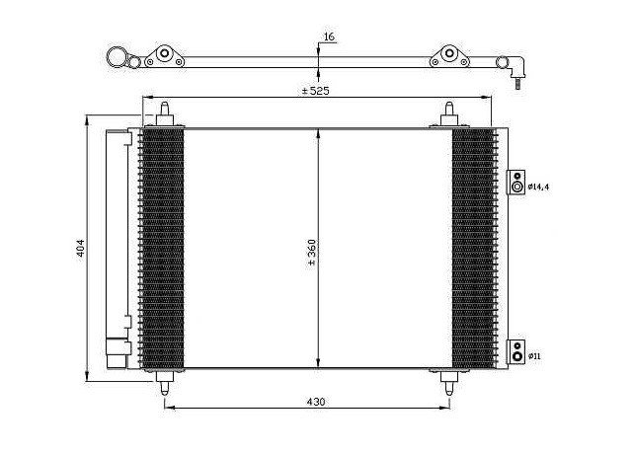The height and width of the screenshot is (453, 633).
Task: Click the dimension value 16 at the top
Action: click(329, 37)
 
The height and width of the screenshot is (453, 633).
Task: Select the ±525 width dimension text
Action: click(316, 91)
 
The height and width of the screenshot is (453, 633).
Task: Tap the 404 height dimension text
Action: click(81, 248)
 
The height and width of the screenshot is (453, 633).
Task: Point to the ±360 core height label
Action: click(312, 252)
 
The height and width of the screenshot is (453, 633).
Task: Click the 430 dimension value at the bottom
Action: click(316, 402)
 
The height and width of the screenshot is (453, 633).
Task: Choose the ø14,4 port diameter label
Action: click(539, 187)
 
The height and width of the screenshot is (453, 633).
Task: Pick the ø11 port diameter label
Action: click(534, 356)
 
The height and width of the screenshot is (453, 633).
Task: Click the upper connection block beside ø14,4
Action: click(515, 182)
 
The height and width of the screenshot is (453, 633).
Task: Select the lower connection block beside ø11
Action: click(515, 351)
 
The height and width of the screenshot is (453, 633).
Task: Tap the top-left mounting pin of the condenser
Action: click(165, 114)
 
